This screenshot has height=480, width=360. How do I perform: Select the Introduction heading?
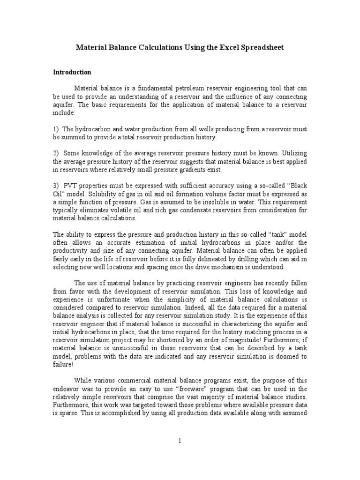[x=72, y=73]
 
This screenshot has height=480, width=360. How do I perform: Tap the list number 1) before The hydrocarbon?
[x=55, y=129]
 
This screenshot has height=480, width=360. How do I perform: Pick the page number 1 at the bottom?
[x=180, y=441]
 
